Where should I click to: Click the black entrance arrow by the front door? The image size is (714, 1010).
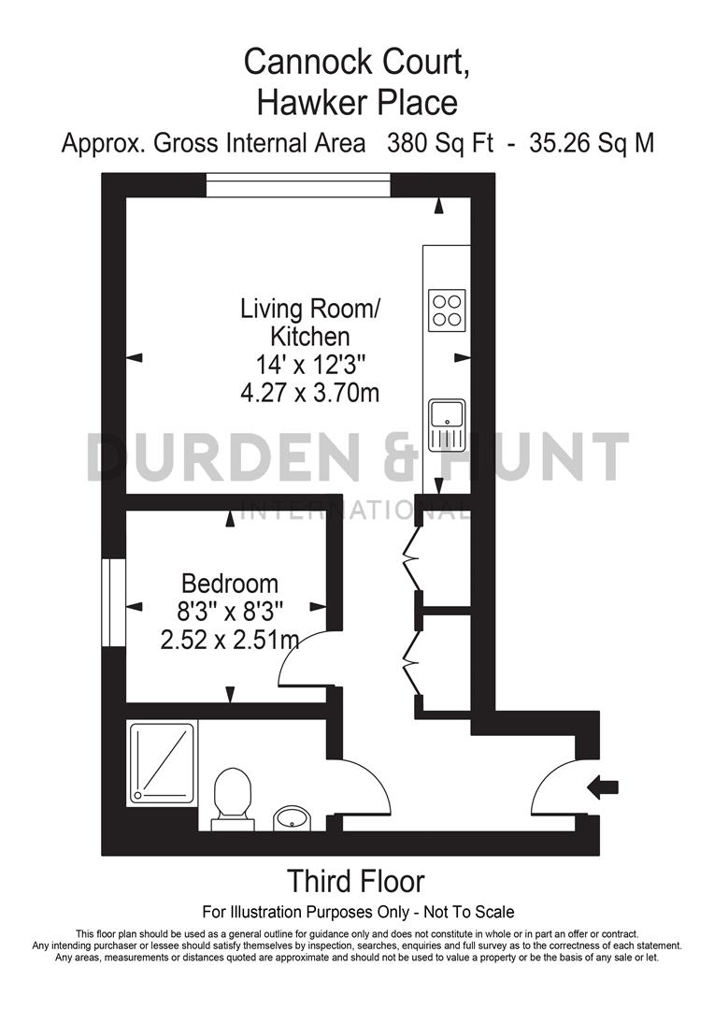602,787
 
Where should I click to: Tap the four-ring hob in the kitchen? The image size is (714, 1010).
446,310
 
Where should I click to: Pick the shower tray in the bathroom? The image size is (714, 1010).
162,762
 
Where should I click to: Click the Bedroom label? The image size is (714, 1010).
230,584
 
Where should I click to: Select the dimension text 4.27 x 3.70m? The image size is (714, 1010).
310,393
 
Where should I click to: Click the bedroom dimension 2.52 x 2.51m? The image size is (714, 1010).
230,641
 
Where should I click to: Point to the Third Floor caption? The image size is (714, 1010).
355,881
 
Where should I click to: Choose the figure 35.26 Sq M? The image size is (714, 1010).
592,144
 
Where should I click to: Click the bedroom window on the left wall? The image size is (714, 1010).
114,603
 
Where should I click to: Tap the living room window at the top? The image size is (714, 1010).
298,185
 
